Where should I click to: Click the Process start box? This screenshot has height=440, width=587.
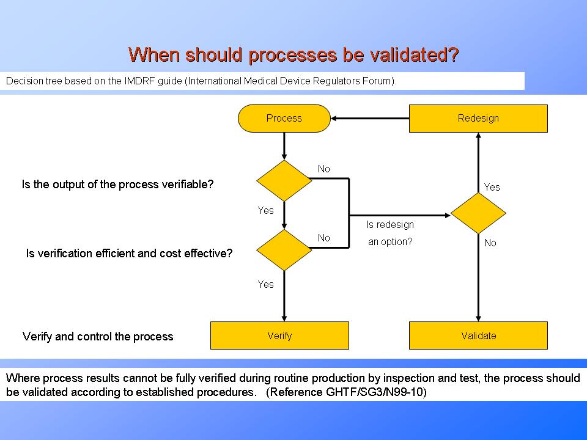[284, 119]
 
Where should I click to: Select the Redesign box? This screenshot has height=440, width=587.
[478, 119]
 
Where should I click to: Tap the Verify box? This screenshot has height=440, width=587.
[279, 335]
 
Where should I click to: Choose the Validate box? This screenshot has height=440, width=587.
[478, 335]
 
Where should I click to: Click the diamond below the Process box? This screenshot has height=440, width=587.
[284, 180]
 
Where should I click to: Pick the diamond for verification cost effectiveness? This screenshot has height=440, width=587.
[284, 250]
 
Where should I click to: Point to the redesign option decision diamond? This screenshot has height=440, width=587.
[478, 213]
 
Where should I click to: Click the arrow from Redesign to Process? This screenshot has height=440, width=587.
[370, 119]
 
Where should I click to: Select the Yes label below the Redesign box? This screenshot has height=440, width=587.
[492, 188]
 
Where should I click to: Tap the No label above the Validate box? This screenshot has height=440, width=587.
[490, 243]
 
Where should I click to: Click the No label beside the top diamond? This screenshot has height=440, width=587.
[323, 169]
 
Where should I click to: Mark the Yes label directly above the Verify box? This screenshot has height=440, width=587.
[265, 284]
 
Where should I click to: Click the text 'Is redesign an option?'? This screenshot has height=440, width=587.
[390, 233]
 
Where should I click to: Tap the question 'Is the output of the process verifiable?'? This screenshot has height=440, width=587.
[117, 184]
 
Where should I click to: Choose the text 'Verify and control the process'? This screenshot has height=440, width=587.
[98, 337]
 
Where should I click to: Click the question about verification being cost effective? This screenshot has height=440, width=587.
[129, 253]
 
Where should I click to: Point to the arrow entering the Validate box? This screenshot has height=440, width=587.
[478, 312]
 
